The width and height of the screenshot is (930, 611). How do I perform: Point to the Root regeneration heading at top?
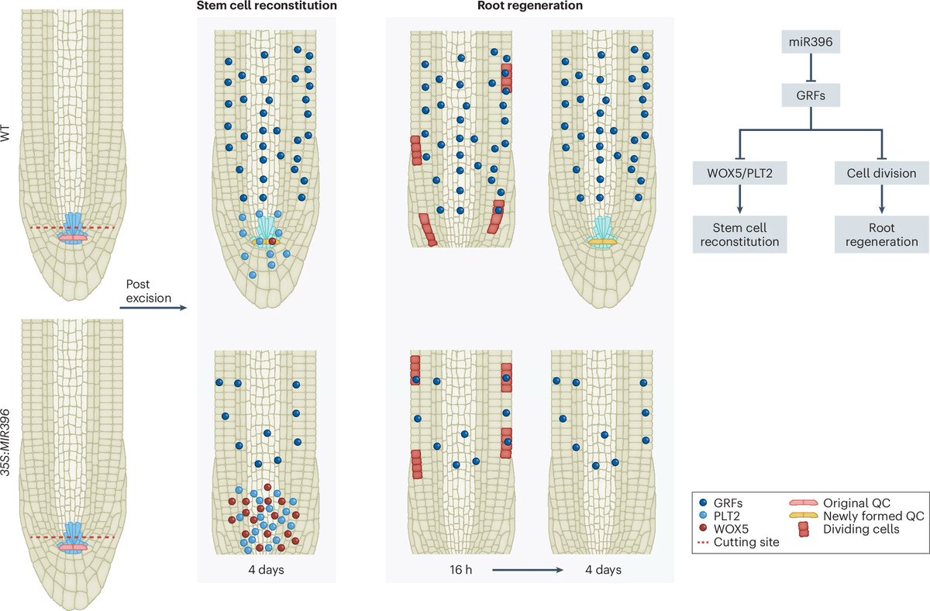tap(530, 7)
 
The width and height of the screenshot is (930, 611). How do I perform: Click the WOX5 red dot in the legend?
tap(703, 530)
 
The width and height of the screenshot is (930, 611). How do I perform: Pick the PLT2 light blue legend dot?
tap(703, 516)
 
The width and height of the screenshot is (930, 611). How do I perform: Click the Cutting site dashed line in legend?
tap(703, 544)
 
